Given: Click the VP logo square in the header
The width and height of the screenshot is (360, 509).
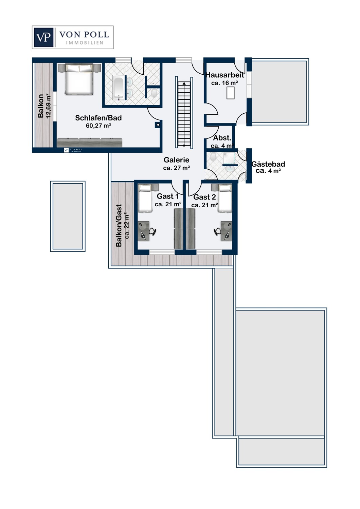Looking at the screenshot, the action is [x=43, y=37].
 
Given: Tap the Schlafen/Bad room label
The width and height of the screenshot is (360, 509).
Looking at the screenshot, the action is [x=98, y=118].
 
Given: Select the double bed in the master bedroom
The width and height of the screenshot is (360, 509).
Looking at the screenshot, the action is [x=79, y=79].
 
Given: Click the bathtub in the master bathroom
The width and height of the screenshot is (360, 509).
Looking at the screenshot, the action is [x=119, y=88].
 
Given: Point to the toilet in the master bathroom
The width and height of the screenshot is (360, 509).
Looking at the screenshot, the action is [x=154, y=93].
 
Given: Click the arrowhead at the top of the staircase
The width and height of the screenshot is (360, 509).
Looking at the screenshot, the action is [x=184, y=83].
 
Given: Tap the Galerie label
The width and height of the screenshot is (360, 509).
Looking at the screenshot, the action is [x=177, y=160].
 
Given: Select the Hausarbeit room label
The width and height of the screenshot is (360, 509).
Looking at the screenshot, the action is [x=225, y=75].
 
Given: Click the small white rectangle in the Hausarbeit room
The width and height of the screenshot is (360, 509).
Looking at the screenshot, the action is [x=230, y=93].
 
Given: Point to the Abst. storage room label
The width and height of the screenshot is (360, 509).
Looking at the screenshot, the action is [x=222, y=138].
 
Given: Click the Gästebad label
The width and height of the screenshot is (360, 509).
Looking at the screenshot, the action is [x=268, y=164].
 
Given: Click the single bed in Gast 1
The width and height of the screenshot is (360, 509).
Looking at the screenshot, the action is [x=145, y=198].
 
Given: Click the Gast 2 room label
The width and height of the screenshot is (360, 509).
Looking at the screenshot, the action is [x=204, y=197].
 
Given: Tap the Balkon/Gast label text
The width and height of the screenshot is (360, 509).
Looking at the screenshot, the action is [x=119, y=225].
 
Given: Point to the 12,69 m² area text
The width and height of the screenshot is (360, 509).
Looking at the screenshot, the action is [x=49, y=106].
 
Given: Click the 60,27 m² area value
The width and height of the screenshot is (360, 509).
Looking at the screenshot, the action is [x=98, y=126].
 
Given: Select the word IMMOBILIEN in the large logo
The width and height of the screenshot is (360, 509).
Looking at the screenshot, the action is [x=85, y=43].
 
